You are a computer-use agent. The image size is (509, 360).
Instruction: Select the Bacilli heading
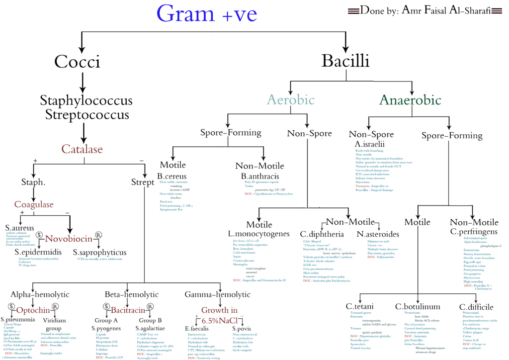345,61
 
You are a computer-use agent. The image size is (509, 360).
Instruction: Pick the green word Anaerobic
410,100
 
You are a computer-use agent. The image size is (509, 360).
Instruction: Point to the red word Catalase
82,149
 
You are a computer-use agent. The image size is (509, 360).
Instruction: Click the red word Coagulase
34,204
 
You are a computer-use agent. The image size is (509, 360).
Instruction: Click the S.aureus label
19,227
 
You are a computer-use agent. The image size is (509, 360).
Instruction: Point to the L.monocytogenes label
258,233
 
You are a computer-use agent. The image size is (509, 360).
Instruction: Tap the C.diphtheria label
322,233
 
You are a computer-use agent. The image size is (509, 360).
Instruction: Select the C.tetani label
360,306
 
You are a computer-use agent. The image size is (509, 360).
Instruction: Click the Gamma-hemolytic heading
218,294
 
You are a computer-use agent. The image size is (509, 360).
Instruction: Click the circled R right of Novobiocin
98,235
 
